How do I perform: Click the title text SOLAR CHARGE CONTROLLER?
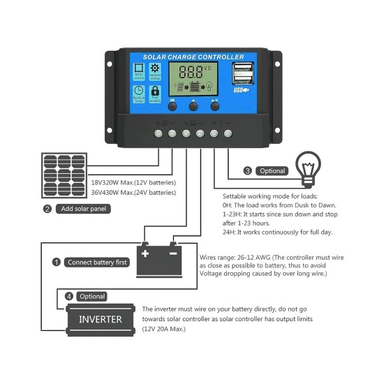click(x=193, y=57)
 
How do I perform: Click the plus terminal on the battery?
click(x=145, y=252)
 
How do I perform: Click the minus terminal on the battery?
click(x=173, y=252)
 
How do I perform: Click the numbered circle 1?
click(x=57, y=263)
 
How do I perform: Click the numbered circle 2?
click(x=47, y=209)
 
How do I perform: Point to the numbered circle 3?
click(x=248, y=170)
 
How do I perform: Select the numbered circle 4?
click(x=68, y=296)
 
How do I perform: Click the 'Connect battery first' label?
click(x=97, y=263)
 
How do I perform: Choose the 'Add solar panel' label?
click(x=84, y=209)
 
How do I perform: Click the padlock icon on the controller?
click(x=155, y=91)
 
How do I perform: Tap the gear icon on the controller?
click(x=155, y=68)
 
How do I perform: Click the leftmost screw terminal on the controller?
click(x=158, y=132)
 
